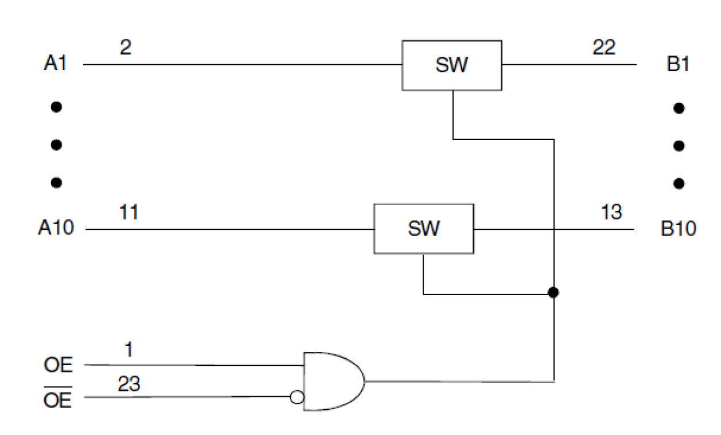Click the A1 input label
(56, 64)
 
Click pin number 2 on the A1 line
(126, 48)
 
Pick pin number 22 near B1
(604, 48)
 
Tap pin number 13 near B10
(612, 213)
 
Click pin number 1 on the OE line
(128, 350)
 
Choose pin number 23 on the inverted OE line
(129, 384)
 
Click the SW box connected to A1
(452, 65)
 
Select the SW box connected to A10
(424, 229)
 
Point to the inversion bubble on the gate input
(297, 397)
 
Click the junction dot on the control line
(553, 292)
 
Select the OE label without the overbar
(57, 365)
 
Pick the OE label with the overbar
(57, 399)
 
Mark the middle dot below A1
(56, 145)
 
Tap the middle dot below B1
(679, 146)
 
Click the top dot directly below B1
(679, 108)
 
